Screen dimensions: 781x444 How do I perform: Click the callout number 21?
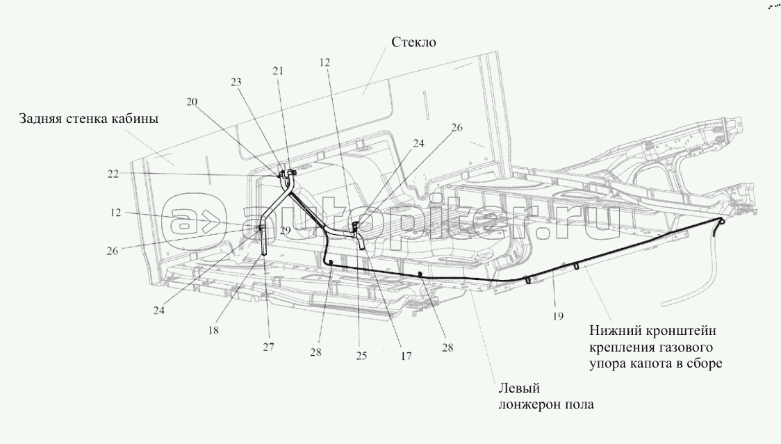(x=278, y=71)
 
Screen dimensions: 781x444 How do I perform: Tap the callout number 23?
(x=236, y=82)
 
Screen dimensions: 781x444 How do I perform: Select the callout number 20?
(x=192, y=102)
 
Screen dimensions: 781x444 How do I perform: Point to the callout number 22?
(x=113, y=174)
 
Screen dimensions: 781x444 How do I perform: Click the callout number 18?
(x=213, y=330)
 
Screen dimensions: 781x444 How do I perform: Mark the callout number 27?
(x=268, y=347)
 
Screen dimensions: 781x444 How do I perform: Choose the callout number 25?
(x=361, y=355)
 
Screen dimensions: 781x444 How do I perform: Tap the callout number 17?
(x=406, y=356)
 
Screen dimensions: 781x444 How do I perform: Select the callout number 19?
(x=558, y=316)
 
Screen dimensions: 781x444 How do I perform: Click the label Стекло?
(x=413, y=42)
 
